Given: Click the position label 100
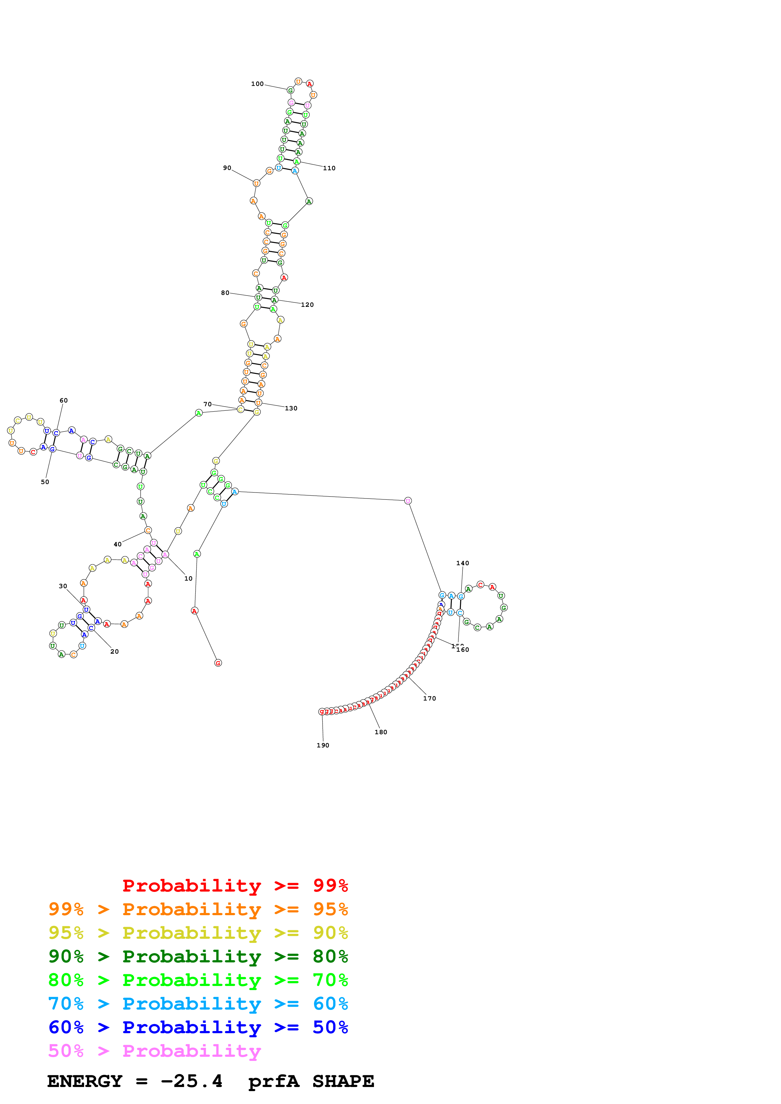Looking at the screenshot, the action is tap(257, 84).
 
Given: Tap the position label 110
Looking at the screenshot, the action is tap(329, 168).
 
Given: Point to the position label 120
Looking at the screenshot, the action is tap(307, 305).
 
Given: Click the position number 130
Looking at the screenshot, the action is tap(291, 408).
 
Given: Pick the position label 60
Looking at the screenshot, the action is tap(64, 401).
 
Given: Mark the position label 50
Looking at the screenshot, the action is tap(45, 482).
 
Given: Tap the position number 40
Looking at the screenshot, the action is tap(118, 544).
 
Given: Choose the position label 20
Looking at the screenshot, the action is tap(115, 651).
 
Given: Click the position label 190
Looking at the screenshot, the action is tap(323, 745).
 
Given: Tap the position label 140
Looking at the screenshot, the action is tap(462, 563).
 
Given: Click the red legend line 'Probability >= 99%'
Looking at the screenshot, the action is tap(235, 886).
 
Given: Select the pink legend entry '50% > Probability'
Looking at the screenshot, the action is tap(154, 1051).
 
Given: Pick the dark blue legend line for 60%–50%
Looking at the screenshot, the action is tap(198, 1028).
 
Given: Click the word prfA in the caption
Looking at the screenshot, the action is tap(273, 1081).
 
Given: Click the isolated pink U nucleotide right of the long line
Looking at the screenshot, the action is tap(408, 501).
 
